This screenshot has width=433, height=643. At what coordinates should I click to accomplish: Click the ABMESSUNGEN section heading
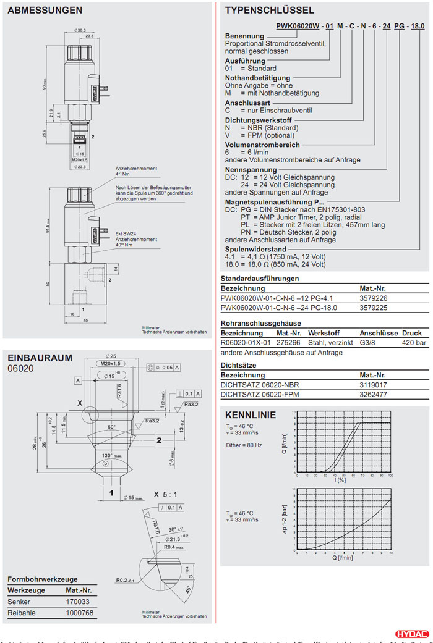[45, 11]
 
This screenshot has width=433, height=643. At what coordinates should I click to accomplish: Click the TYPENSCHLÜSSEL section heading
[270, 11]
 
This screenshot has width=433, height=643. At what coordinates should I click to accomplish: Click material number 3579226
[372, 298]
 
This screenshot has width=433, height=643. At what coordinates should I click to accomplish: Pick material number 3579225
[372, 307]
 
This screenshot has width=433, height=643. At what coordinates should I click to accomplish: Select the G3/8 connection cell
[369, 342]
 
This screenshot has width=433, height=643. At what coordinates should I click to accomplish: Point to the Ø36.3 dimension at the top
[80, 30]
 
